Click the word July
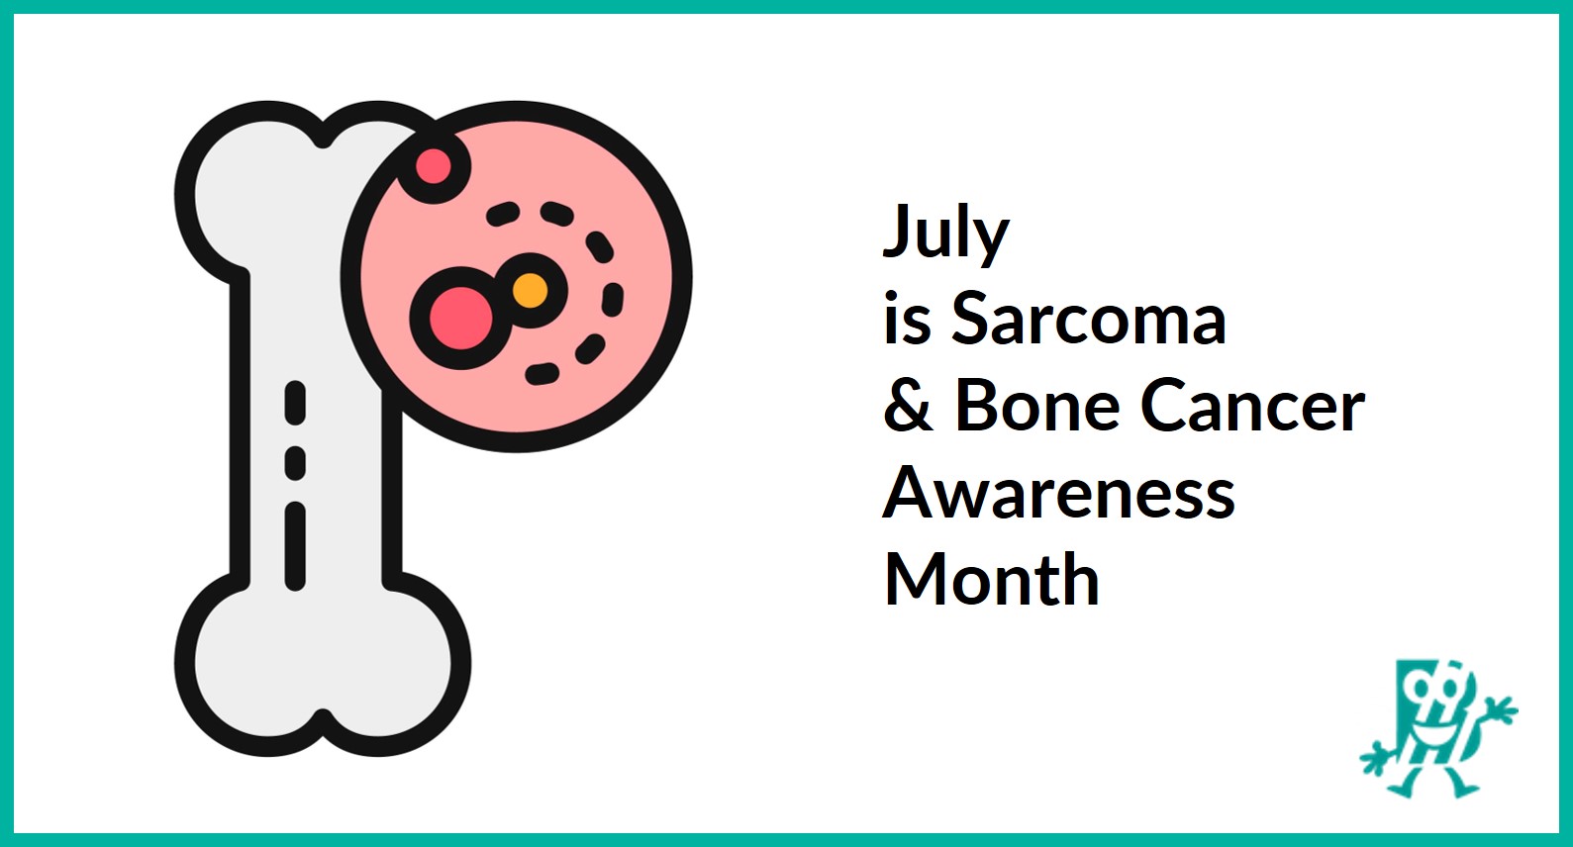point(945,234)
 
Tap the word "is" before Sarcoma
point(907,319)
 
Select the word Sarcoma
point(1089,319)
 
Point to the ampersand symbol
point(908,406)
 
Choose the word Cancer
point(1253,406)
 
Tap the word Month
point(992,580)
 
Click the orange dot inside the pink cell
point(530,291)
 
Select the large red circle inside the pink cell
point(460,319)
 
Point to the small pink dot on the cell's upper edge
point(433,166)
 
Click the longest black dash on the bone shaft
point(295,546)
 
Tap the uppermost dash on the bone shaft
point(295,402)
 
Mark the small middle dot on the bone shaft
point(295,462)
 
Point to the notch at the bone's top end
point(323,139)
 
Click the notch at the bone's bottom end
point(323,717)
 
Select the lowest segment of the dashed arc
point(541,373)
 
